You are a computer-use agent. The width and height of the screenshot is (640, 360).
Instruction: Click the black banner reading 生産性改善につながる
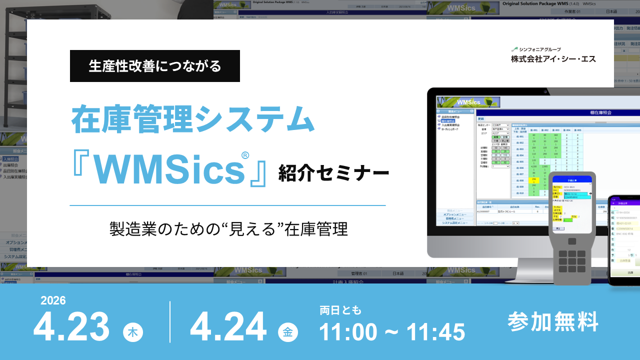(x=155, y=66)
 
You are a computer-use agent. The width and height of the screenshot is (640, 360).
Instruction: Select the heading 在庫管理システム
(x=193, y=120)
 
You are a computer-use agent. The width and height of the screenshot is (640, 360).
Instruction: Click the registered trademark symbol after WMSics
(x=245, y=155)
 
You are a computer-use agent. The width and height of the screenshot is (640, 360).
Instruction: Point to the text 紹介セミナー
(x=334, y=173)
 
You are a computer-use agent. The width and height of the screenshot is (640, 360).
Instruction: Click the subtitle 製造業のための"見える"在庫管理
(x=228, y=229)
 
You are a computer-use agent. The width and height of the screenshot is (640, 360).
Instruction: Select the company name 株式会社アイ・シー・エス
(x=553, y=59)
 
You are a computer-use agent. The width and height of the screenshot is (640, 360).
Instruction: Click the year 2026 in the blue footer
(x=53, y=300)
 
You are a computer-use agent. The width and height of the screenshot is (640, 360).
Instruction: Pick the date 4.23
(x=71, y=327)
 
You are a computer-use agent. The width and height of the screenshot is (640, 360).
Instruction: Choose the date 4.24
(x=228, y=327)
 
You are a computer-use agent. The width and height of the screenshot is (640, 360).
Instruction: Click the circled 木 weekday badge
(x=133, y=332)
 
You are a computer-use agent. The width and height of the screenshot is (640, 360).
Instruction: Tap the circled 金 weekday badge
(x=288, y=332)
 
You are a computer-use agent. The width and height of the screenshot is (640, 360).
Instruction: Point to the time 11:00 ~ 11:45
(x=392, y=332)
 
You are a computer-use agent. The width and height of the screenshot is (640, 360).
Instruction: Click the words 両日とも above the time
(x=340, y=310)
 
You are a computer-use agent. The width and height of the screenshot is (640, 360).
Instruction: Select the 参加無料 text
(x=553, y=321)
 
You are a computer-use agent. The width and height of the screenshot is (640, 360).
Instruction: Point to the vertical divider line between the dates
(x=170, y=321)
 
